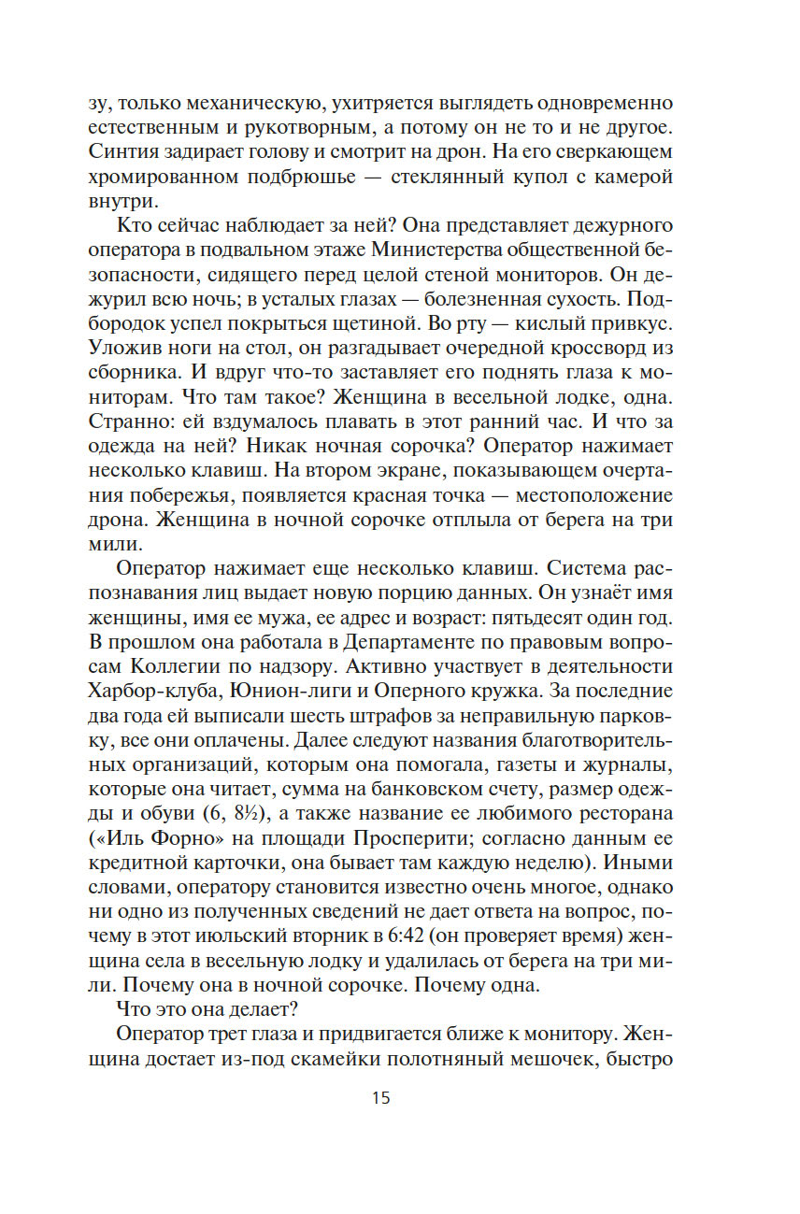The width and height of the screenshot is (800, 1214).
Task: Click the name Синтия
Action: (x=126, y=151)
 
